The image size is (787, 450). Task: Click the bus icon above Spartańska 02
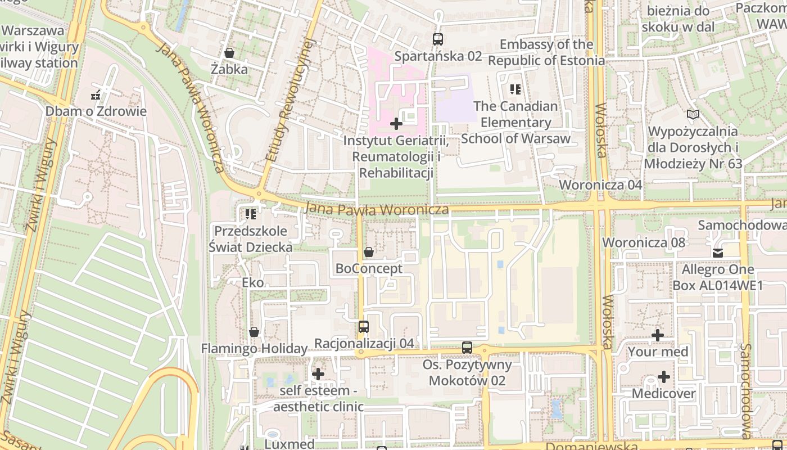coord(437,39)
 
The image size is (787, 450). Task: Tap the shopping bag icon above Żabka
coord(229,53)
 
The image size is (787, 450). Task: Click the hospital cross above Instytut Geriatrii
coord(396,123)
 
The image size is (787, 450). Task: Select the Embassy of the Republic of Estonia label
coord(546,52)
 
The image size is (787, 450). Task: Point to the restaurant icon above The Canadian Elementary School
coord(515,89)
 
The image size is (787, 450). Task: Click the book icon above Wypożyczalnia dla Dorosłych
coord(693,115)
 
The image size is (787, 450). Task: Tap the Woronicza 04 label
coord(600,185)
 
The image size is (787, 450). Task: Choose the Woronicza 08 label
coord(644,242)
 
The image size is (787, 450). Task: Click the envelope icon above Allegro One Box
coord(718,253)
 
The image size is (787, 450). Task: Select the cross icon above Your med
coord(658,335)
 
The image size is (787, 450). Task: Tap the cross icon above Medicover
coord(664,377)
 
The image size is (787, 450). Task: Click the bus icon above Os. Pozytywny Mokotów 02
coord(467,348)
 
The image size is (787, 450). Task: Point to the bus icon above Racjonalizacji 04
coord(364,327)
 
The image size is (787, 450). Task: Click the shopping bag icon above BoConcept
coord(369,252)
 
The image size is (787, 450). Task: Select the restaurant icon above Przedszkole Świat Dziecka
coord(251,214)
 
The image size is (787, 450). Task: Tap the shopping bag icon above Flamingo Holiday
coord(254,332)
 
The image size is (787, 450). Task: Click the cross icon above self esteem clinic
coord(318,373)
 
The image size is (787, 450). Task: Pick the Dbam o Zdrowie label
coord(96,111)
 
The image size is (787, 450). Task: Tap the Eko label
coord(252,282)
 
